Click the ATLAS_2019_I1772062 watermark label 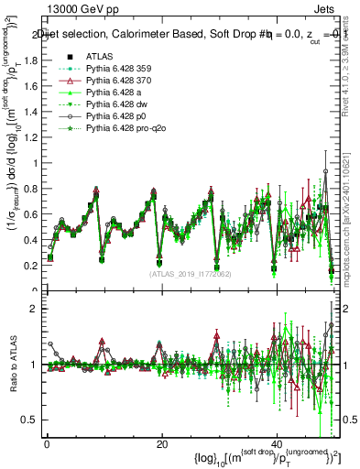tap(190, 273)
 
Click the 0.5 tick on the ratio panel tap(33, 420)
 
